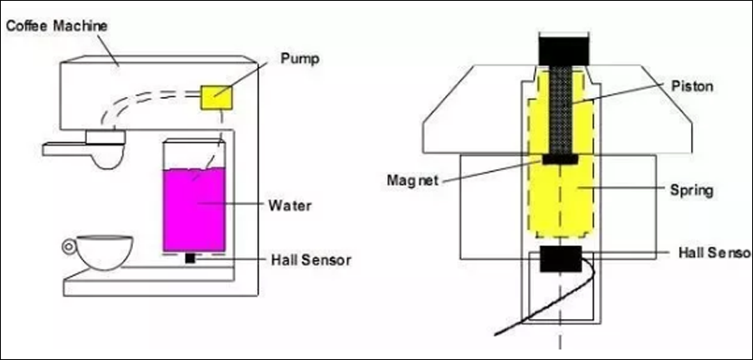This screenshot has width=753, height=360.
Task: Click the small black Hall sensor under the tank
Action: pyautogui.click(x=190, y=258)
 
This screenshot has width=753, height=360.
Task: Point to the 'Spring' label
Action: pyautogui.click(x=691, y=190)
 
